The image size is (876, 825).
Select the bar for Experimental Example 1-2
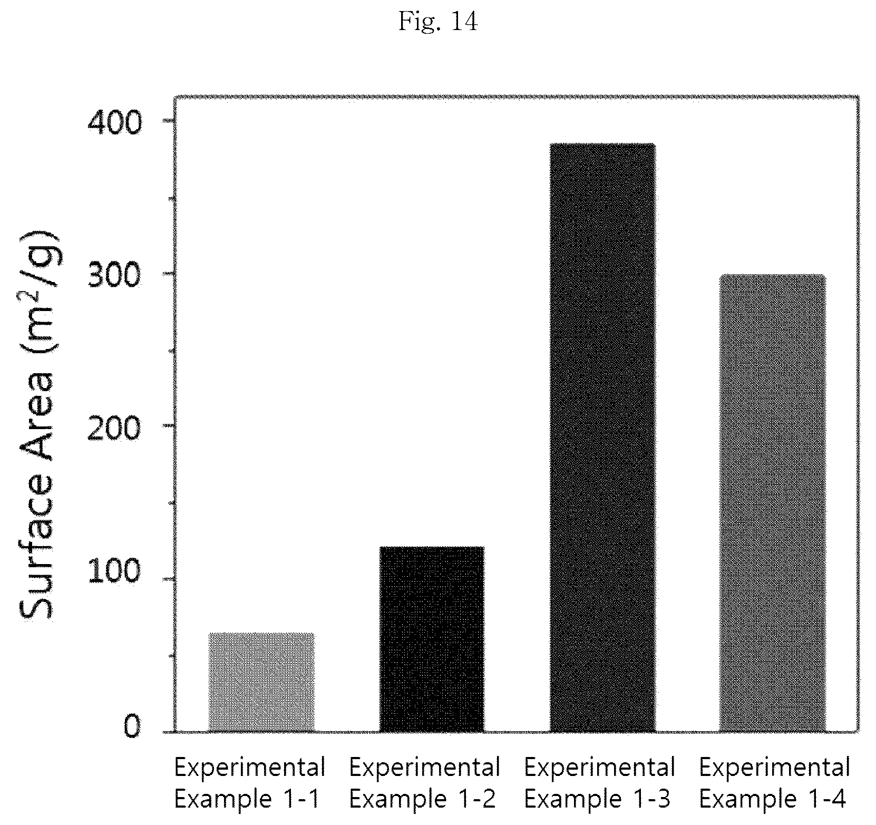[432, 639]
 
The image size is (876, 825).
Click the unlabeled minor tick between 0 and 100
[172, 656]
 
